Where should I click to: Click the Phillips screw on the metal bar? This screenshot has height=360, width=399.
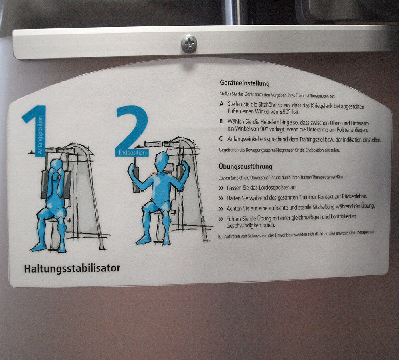(x=189, y=44)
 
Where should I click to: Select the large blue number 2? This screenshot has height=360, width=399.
(x=131, y=131)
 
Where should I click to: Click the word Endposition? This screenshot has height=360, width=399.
(x=132, y=153)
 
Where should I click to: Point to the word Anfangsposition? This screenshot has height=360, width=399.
(x=40, y=135)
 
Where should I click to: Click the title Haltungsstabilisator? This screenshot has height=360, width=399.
(x=72, y=269)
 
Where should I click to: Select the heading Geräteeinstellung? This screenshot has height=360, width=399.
(x=245, y=83)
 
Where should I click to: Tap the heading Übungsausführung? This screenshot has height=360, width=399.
(x=245, y=167)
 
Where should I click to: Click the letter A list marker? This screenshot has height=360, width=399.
(x=221, y=104)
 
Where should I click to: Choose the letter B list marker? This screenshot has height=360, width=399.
(x=221, y=121)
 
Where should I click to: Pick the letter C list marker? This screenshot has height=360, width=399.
(x=221, y=139)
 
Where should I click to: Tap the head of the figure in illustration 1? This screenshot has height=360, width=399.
(x=56, y=166)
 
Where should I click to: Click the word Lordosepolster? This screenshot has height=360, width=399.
(x=275, y=188)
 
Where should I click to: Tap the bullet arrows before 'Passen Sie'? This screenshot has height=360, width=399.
(x=221, y=188)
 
